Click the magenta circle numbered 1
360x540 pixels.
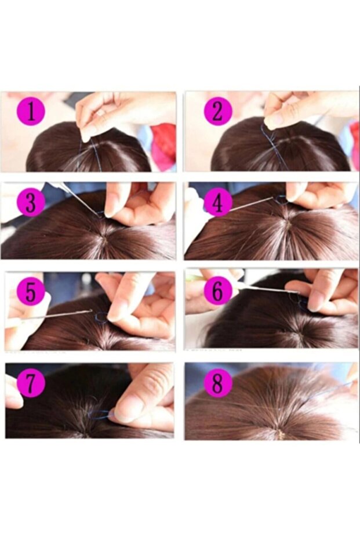pyautogui.click(x=31, y=111)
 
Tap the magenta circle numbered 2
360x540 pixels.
pyautogui.click(x=218, y=111)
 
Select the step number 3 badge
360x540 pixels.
pyautogui.click(x=31, y=203)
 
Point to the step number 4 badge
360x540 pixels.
pyautogui.click(x=217, y=203)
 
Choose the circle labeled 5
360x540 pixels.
pyautogui.click(x=31, y=292)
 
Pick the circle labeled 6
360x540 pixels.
pyautogui.click(x=218, y=291)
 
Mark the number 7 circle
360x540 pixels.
pyautogui.click(x=30, y=383)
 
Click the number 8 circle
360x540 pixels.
pyautogui.click(x=217, y=383)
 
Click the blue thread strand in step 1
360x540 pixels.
pyautogui.click(x=81, y=151)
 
